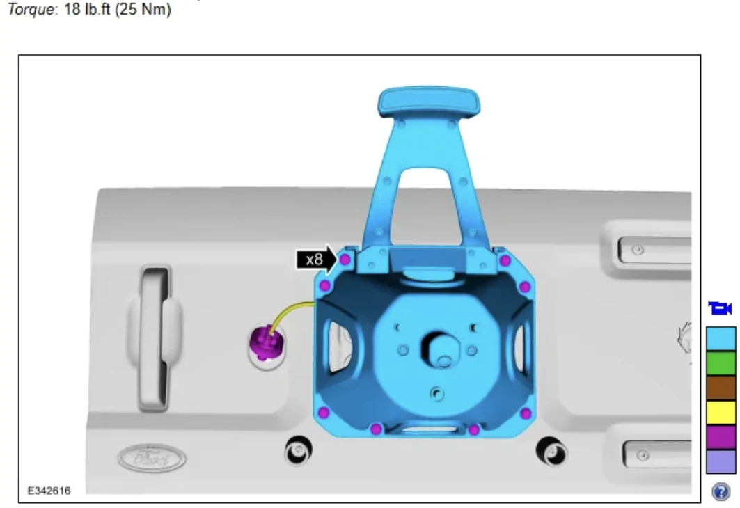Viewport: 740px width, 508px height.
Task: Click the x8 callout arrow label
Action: pyautogui.click(x=316, y=260)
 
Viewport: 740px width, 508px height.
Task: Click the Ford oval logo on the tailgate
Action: pyautogui.click(x=152, y=457)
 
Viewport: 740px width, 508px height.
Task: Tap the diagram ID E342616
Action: pyautogui.click(x=49, y=491)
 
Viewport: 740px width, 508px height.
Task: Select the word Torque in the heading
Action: pyautogui.click(x=31, y=9)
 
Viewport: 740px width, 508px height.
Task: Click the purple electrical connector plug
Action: pyautogui.click(x=267, y=342)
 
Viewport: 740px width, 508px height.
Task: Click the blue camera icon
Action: pyautogui.click(x=721, y=308)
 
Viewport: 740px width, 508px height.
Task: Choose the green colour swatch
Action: pyautogui.click(x=721, y=363)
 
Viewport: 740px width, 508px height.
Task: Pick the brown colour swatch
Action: pyautogui.click(x=721, y=388)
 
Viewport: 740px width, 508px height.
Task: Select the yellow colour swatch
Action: pyautogui.click(x=721, y=412)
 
